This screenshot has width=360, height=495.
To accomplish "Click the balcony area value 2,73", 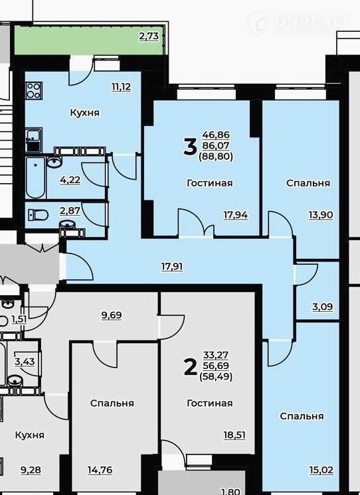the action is click(149, 36).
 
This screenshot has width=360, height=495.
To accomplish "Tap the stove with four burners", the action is click(33, 91).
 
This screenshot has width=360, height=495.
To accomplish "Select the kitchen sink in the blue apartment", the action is click(34, 139).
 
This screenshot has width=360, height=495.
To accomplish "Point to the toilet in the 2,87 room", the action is click(38, 215).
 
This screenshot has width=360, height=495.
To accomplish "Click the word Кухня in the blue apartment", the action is click(85, 113).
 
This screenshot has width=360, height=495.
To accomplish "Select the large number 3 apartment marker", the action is click(190, 147).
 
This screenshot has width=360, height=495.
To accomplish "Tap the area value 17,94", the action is click(236, 215).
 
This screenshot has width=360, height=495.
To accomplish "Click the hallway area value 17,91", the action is click(172, 267).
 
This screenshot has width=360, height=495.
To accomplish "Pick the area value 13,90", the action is click(321, 215).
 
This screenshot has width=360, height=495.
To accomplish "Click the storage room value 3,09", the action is click(322, 307).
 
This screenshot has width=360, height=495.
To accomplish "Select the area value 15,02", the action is click(321, 470).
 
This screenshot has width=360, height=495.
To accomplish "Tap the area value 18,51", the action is click(234, 435).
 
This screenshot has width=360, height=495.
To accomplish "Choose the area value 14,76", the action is click(100, 470).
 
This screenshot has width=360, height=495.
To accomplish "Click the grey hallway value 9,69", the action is click(112, 315).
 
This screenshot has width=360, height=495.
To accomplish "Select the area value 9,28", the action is click(31, 470).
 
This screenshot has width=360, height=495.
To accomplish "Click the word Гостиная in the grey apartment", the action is click(209, 403).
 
